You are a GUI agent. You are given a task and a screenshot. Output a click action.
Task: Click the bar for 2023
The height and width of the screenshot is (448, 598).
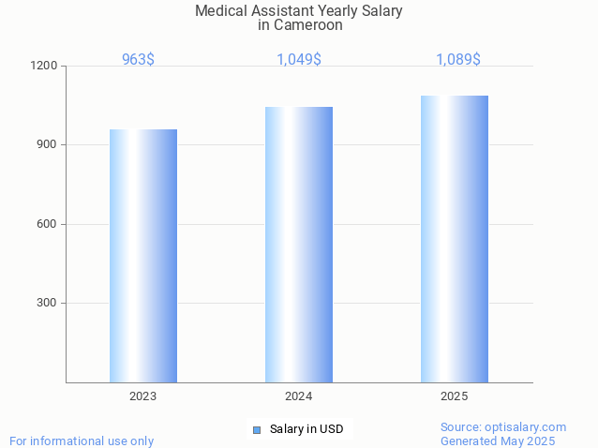click(x=143, y=256)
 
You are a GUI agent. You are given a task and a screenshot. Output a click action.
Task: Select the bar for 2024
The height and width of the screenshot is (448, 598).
click(x=299, y=245)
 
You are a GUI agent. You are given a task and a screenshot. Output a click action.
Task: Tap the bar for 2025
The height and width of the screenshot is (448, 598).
click(x=455, y=239)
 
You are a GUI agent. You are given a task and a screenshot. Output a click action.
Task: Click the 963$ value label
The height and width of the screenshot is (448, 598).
click(x=139, y=60)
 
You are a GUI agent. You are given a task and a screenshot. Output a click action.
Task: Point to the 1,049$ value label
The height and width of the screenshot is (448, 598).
click(x=299, y=60)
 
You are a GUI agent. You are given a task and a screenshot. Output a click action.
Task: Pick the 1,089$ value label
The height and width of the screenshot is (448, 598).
click(x=458, y=60)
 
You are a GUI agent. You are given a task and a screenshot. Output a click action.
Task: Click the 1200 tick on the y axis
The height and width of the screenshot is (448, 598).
click(x=45, y=67)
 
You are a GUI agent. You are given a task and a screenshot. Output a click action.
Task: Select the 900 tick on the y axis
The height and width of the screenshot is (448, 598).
click(x=47, y=145)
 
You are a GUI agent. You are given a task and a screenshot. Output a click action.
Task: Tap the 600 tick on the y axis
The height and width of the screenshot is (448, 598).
click(x=47, y=224)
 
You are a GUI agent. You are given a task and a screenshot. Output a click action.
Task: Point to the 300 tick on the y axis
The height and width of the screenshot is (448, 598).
click(x=47, y=303)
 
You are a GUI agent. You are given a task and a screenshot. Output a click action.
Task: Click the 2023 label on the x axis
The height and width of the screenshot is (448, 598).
click(x=143, y=396)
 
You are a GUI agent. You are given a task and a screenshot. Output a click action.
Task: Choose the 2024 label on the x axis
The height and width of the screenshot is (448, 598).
click(x=299, y=396)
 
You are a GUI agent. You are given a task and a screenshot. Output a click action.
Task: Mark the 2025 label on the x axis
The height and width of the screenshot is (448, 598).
click(x=455, y=396)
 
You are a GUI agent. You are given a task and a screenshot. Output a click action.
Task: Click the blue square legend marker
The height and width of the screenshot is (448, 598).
click(x=257, y=430)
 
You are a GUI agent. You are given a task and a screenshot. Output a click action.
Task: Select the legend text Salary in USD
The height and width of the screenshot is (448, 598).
click(x=306, y=430)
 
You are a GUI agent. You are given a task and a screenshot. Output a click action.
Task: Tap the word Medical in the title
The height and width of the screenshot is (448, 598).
click(x=218, y=11)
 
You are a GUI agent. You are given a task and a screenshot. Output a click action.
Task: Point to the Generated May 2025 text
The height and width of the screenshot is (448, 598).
click(x=498, y=441)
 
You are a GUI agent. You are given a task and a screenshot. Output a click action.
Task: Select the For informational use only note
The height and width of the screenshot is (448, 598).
click(x=82, y=441)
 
